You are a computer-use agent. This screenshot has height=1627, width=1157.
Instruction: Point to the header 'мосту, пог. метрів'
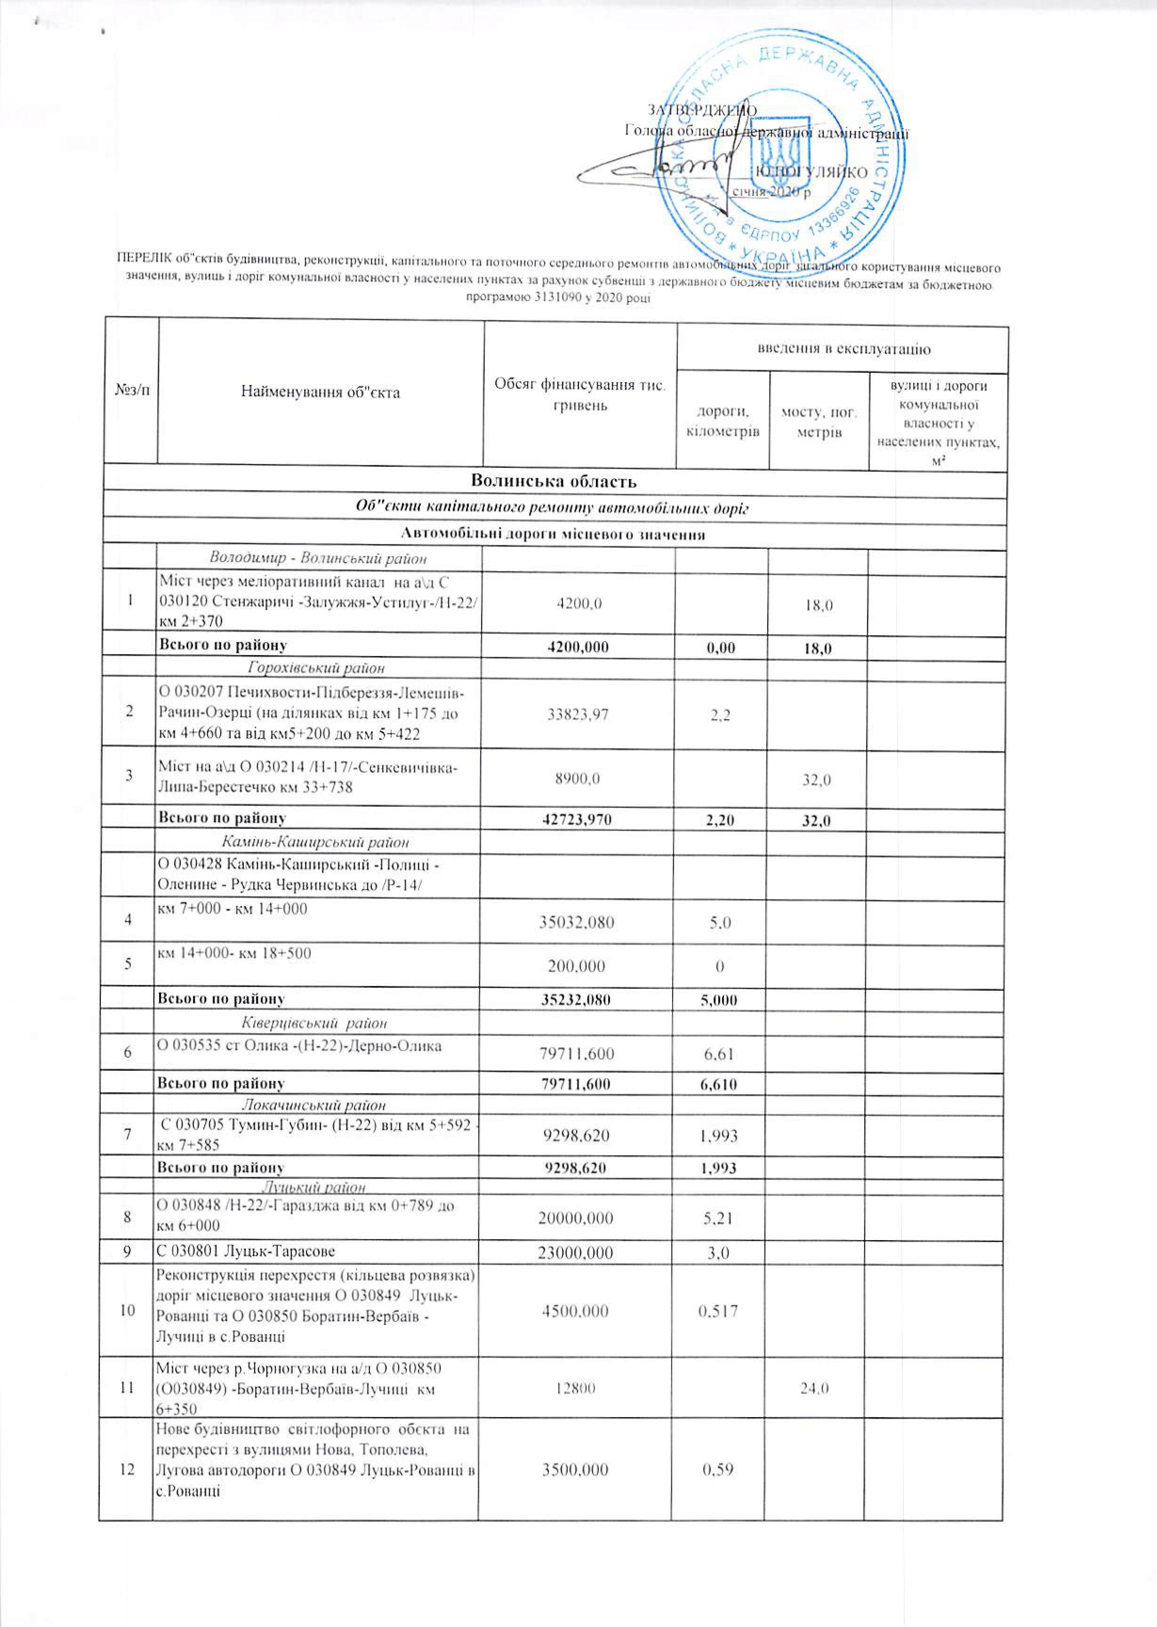point(819,423)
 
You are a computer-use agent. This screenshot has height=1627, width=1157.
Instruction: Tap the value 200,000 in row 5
point(576,967)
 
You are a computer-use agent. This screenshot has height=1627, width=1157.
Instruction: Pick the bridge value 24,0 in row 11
point(815,1388)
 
